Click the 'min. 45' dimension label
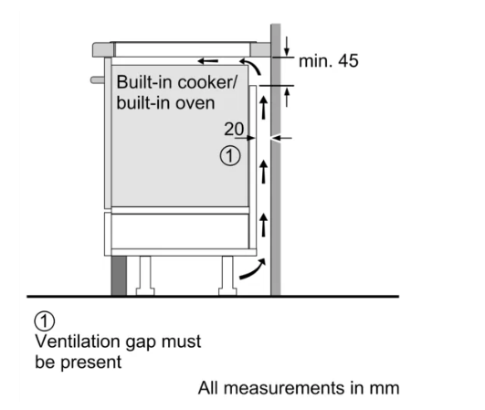[329, 61]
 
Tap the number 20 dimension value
[234, 129]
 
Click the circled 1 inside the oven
[230, 156]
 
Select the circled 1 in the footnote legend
[45, 321]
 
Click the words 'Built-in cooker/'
[177, 82]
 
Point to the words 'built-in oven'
[165, 102]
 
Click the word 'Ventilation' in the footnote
[78, 342]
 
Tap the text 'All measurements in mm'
[299, 388]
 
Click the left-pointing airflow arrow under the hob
[208, 61]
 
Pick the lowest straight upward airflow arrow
[264, 226]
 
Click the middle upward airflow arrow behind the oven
[264, 172]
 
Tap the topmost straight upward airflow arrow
[264, 107]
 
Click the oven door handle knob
[98, 80]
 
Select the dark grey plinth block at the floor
[119, 276]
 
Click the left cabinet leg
[145, 276]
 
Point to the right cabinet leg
[227, 276]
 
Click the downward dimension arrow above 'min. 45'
[287, 47]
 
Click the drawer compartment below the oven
[180, 231]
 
